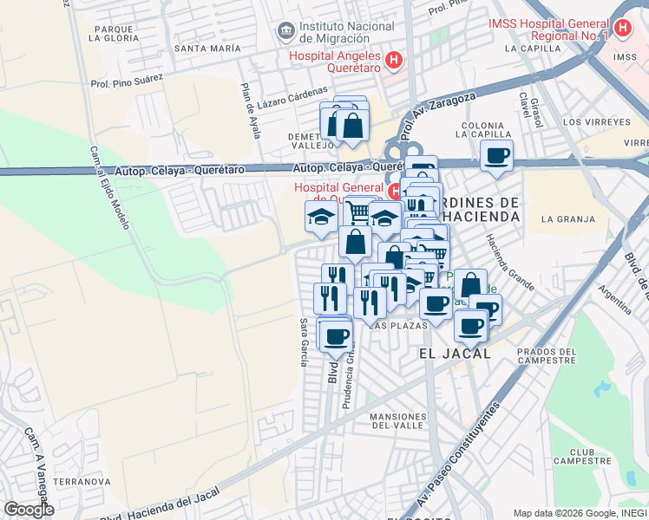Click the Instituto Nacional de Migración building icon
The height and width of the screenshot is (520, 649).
point(285,32)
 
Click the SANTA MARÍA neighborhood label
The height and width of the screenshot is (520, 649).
point(207,49)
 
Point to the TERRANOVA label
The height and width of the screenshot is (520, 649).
point(82,480)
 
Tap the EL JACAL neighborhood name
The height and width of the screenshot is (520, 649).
point(454,354)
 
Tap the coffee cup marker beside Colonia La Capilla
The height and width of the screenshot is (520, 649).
point(496,156)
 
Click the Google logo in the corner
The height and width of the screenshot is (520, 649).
point(29,510)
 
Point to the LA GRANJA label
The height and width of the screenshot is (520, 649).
point(560,219)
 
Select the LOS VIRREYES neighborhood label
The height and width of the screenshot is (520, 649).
point(596,121)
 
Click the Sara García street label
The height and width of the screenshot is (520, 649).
point(304,341)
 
